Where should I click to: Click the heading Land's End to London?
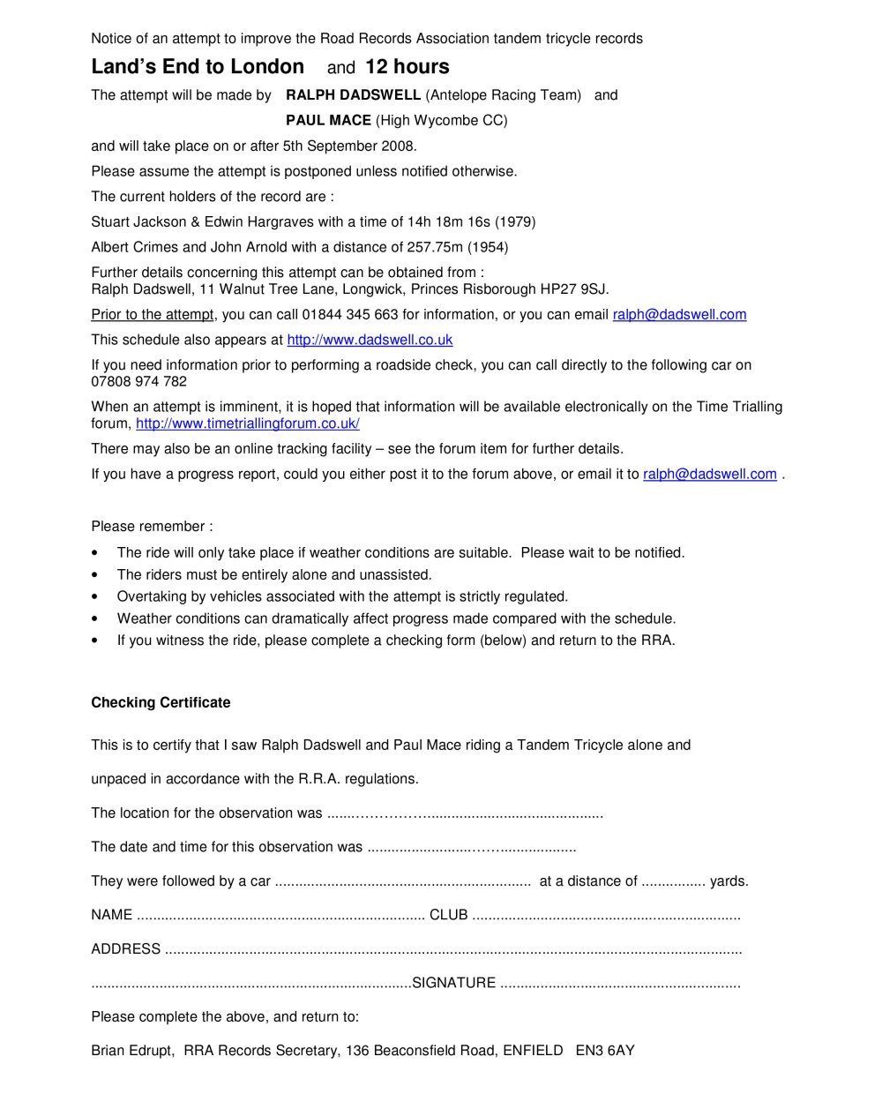[198, 67]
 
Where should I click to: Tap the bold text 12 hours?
[407, 67]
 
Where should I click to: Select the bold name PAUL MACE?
[328, 120]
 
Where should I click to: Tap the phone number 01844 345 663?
[350, 314]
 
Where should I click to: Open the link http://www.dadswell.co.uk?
[370, 340]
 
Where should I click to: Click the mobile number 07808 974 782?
[139, 381]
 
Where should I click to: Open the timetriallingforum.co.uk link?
[247, 423]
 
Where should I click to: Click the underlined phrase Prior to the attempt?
[153, 314]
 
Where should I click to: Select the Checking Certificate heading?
[161, 702]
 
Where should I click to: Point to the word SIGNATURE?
[453, 983]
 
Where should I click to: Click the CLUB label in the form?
[448, 915]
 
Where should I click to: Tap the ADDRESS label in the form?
[126, 949]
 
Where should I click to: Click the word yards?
[729, 880]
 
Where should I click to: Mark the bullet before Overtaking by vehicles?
[95, 597]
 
